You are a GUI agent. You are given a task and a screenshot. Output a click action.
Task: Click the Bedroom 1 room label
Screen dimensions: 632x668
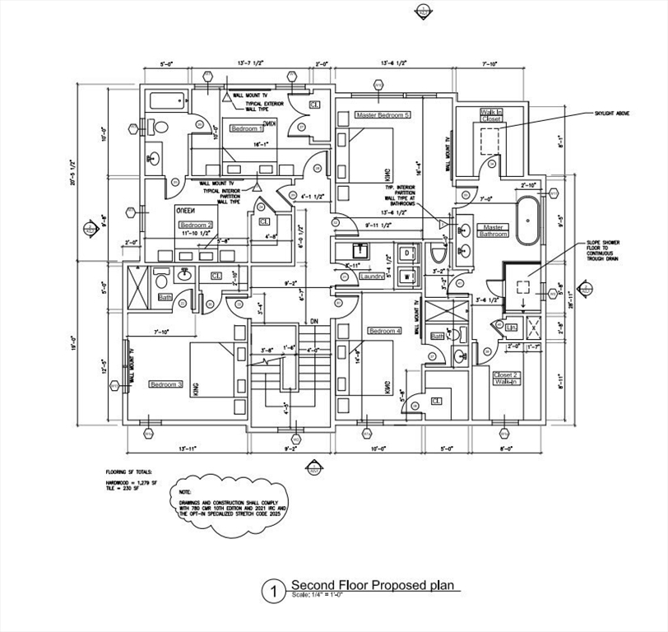point(247,128)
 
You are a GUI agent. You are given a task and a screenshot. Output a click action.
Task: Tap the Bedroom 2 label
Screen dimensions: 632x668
point(196,225)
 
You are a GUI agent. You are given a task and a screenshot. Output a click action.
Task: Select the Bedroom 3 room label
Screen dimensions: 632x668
point(165,383)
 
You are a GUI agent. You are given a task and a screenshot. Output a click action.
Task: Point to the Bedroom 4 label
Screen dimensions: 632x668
point(385,331)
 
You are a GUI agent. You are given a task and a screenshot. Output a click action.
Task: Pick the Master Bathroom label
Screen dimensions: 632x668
point(494,230)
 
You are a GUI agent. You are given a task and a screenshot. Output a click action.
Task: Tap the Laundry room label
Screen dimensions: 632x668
point(372,276)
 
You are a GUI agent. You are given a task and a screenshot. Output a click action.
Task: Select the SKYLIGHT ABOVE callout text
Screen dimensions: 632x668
point(612,113)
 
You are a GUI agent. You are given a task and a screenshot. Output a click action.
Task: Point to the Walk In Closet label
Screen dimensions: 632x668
point(491,114)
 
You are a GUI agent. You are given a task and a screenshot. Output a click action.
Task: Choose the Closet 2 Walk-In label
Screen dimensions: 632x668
point(505,378)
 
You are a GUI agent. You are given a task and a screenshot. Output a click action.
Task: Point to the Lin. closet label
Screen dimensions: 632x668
point(511,328)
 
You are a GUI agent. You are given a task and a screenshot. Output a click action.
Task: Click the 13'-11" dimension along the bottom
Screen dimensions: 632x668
point(187,448)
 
